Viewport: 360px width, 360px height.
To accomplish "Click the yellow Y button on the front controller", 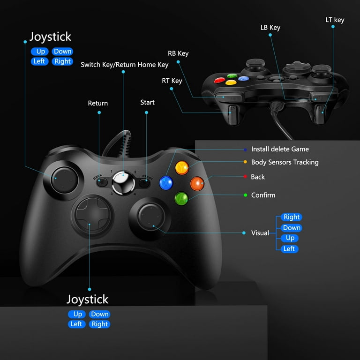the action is [182, 168].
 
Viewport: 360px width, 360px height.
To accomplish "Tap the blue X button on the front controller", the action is [166, 183].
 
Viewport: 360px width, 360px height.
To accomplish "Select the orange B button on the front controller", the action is [197, 184].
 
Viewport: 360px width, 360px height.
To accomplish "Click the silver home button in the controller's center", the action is [123, 183].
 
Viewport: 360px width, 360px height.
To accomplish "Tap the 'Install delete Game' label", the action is [280, 149].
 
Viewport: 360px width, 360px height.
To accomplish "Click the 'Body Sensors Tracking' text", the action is [285, 162].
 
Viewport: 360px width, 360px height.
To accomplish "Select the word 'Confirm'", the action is [263, 195].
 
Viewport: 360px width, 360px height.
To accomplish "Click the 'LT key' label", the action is [335, 20].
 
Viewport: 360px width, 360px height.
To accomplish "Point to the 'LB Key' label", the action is [270, 28].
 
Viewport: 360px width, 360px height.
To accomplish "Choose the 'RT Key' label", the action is [172, 81].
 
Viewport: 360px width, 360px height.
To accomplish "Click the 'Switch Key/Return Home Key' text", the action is [124, 65].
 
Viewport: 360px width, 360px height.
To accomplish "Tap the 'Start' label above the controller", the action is [147, 102].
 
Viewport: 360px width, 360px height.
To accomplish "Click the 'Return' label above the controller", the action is [98, 103].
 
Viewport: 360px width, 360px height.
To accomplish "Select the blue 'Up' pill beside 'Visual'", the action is [290, 238].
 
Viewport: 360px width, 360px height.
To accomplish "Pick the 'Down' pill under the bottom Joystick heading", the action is [99, 314].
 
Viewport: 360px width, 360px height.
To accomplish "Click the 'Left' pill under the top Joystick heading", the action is [39, 61].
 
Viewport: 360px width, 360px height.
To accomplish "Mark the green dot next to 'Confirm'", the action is [246, 195].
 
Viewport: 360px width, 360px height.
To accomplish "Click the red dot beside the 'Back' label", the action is [245, 177].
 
